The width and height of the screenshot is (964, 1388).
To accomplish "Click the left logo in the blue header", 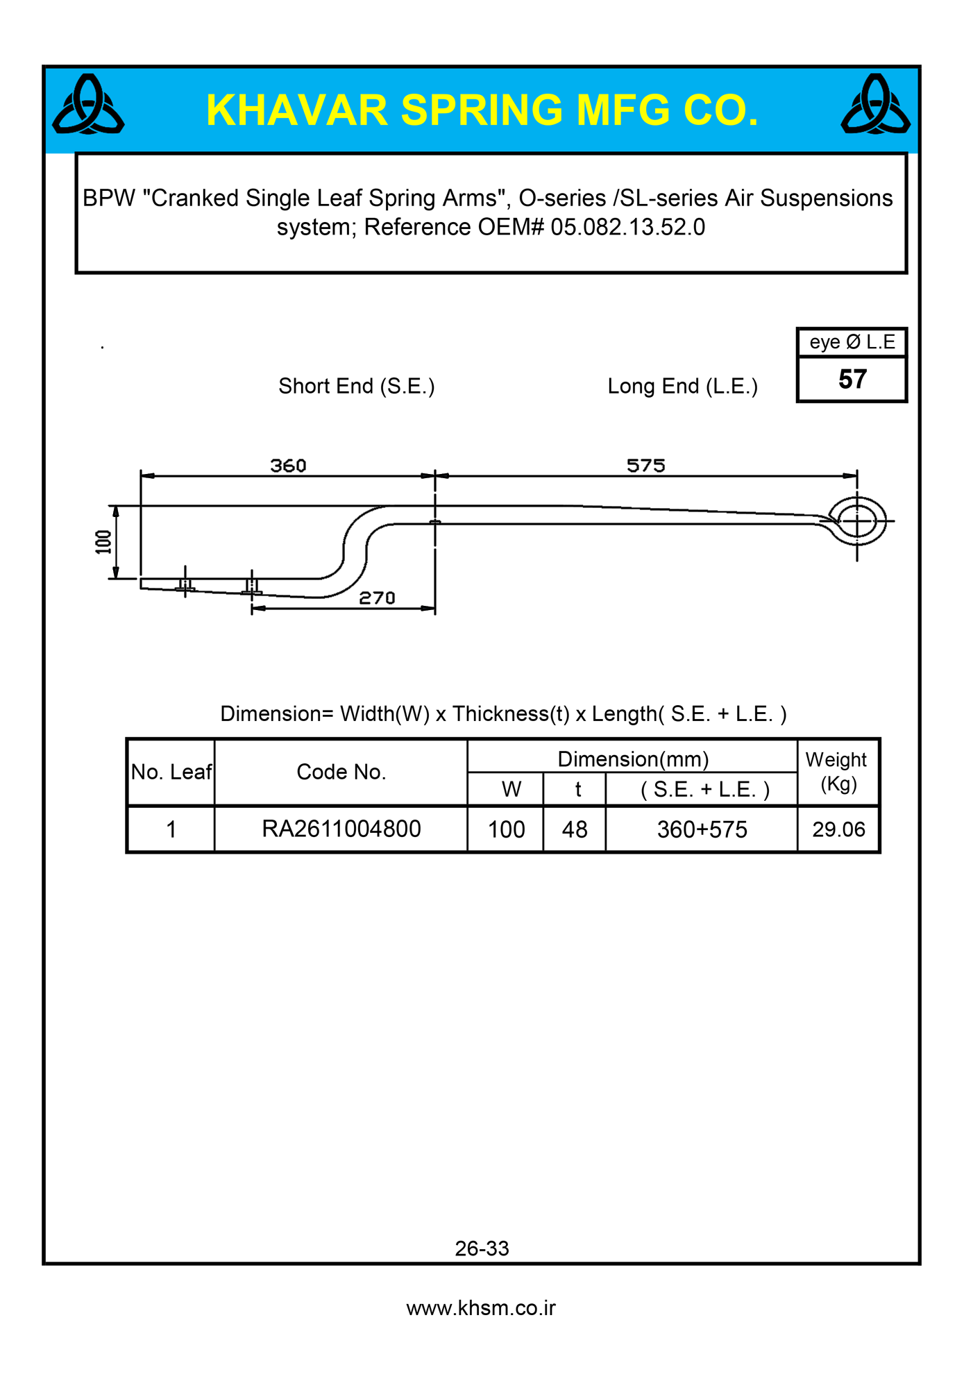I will click(88, 106).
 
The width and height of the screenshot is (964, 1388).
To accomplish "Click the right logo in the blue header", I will click(875, 106).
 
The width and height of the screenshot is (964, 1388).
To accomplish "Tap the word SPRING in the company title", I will click(482, 110).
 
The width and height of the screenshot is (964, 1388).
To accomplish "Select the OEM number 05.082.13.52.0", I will click(627, 228).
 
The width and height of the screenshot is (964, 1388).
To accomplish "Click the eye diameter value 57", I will click(852, 380).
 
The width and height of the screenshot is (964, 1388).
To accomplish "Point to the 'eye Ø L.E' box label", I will click(852, 342).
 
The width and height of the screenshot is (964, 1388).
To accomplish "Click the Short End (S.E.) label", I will click(357, 386).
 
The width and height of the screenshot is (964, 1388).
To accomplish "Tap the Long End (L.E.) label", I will click(682, 386).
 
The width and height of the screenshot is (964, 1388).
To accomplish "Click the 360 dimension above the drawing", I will click(288, 465).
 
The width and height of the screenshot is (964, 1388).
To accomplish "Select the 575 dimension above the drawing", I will click(645, 465).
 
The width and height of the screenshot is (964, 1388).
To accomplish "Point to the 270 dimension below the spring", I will click(377, 598).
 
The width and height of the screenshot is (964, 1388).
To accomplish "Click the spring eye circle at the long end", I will click(858, 520).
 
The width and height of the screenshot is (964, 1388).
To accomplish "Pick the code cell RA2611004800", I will click(341, 829).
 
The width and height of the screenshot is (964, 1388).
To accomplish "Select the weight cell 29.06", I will click(838, 829).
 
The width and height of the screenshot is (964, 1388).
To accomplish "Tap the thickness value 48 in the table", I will click(575, 829).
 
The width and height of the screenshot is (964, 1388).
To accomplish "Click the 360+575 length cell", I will click(702, 829).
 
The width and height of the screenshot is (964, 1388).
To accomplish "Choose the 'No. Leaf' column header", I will click(171, 772).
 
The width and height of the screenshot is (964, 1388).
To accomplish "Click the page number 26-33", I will click(482, 1249).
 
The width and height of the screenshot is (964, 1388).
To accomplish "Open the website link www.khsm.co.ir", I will click(481, 1308).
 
